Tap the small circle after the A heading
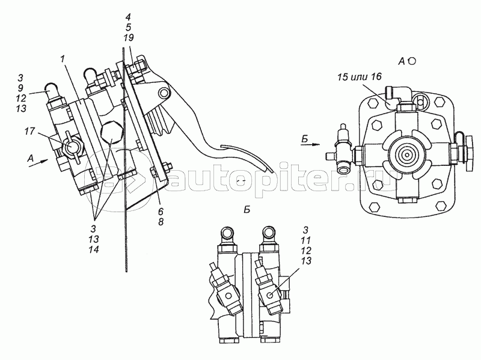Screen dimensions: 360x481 [413, 61]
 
